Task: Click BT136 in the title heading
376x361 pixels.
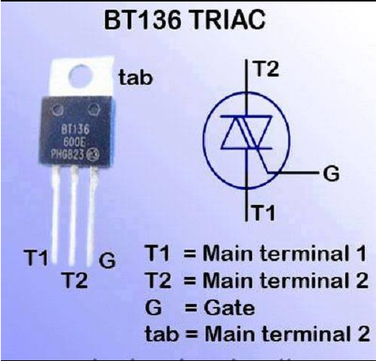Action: click(143, 20)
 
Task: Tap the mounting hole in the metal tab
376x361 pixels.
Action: click(80, 76)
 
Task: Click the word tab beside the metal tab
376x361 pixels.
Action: click(136, 77)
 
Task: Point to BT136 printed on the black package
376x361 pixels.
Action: click(75, 130)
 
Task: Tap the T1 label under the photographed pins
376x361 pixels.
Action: click(36, 257)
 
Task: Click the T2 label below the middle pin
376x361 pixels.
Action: click(75, 280)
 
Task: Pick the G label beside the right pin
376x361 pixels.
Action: click(107, 260)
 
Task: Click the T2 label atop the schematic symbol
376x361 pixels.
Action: click(266, 69)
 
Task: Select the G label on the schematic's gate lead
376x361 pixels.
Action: click(331, 173)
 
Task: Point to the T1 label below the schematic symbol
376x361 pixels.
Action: click(264, 212)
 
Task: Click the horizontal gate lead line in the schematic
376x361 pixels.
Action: click(293, 173)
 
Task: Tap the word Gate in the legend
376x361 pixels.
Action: click(230, 308)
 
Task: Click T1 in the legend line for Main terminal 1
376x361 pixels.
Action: click(158, 253)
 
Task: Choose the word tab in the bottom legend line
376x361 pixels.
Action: click(162, 333)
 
